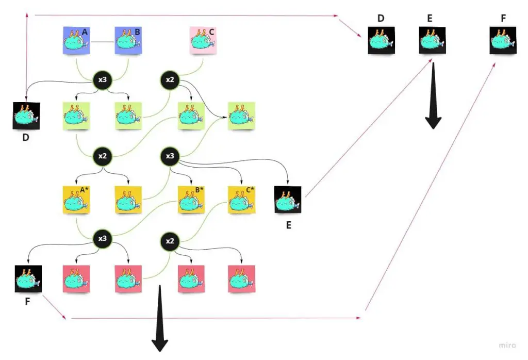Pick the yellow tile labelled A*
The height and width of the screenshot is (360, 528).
pyautogui.click(x=76, y=200)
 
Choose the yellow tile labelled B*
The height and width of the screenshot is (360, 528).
pyautogui.click(x=191, y=200)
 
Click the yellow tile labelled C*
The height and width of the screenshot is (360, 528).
pyautogui.click(x=241, y=200)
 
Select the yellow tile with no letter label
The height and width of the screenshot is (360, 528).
pyautogui.click(x=128, y=200)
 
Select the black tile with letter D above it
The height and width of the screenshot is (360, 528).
pyautogui.click(x=381, y=41)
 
